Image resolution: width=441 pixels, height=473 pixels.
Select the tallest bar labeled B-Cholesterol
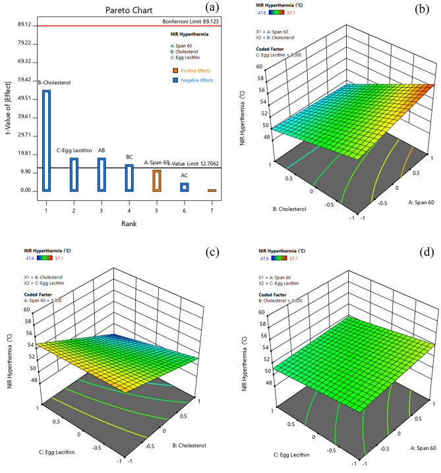pos(46,140)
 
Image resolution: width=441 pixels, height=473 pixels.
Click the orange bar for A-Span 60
pos(157,181)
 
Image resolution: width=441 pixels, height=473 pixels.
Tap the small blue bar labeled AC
pos(185,187)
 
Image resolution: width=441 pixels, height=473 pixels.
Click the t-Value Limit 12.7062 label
pos(196,163)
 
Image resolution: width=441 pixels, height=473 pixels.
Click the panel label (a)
pos(213,8)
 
